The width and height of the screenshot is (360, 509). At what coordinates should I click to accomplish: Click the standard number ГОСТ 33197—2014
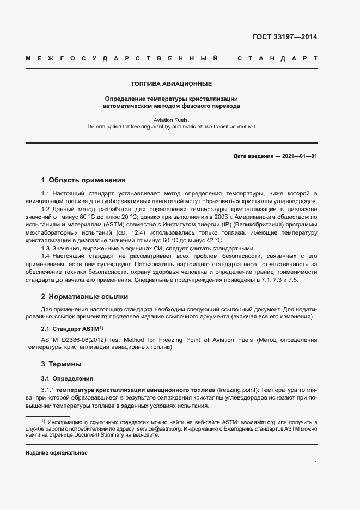[284, 38]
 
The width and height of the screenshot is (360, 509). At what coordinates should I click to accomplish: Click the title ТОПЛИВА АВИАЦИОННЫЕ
[171, 84]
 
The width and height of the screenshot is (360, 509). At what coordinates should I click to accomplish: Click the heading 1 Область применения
[83, 180]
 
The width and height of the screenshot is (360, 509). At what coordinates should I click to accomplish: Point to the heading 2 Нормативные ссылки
[84, 297]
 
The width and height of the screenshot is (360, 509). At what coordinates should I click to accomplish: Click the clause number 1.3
[46, 248]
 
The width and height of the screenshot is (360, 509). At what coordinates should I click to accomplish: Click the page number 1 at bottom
[315, 462]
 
